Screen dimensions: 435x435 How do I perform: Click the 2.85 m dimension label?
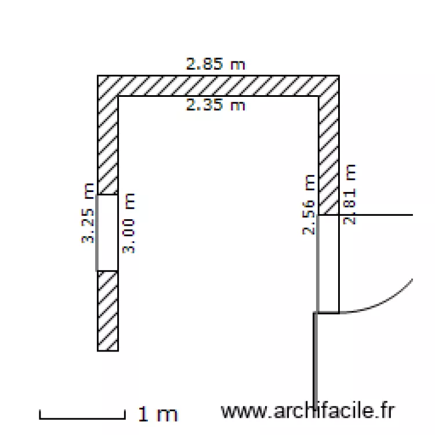coord(216,64)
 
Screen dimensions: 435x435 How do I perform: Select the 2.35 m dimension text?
coord(216,105)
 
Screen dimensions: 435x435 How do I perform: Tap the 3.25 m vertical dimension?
coord(89,213)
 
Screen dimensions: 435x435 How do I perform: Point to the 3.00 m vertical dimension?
coord(128,223)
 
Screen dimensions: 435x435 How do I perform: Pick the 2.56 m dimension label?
coord(309,205)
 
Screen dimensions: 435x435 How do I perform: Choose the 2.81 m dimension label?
coord(350,194)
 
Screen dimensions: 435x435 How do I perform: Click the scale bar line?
coord(82,418)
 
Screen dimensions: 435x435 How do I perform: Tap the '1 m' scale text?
coord(158,414)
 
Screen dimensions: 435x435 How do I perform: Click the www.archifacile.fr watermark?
coord(307,411)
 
